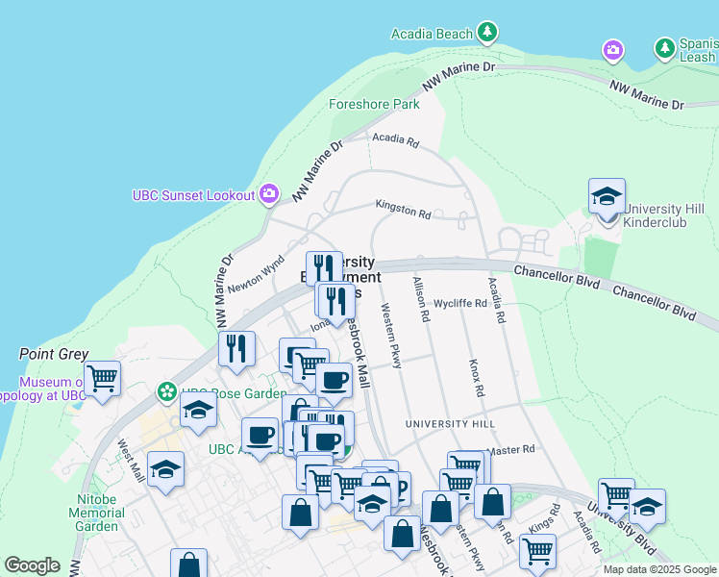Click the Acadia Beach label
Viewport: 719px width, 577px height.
432,34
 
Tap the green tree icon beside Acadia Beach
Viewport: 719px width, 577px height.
488,33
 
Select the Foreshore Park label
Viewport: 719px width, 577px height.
374,104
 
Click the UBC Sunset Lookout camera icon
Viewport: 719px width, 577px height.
269,194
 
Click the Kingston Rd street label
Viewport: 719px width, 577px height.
403,209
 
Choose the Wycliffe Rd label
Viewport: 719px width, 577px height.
460,303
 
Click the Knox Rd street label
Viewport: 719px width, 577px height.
474,379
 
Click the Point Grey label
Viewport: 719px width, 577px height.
54,354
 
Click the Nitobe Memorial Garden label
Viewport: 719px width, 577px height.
96,513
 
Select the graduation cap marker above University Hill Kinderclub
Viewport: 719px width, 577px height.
607,195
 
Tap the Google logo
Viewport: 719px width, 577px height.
32,565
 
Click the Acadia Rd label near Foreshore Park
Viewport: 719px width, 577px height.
397,141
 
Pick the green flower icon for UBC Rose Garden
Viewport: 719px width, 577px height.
167,392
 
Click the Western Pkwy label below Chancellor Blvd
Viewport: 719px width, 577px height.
390,337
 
